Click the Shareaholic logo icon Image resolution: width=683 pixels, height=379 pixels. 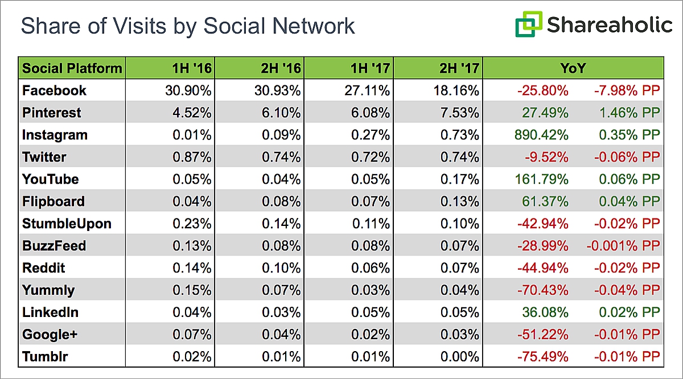point(528,25)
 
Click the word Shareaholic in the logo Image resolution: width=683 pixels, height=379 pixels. point(610,25)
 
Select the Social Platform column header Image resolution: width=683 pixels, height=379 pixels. point(72,69)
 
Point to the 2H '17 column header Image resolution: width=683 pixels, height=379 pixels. point(459,69)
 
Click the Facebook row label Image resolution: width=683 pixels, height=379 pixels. point(55,90)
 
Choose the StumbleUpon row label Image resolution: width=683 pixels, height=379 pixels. point(67,224)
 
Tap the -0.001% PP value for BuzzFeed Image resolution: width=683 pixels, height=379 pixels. point(622,246)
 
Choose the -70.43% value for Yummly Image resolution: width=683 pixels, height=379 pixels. point(542,290)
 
